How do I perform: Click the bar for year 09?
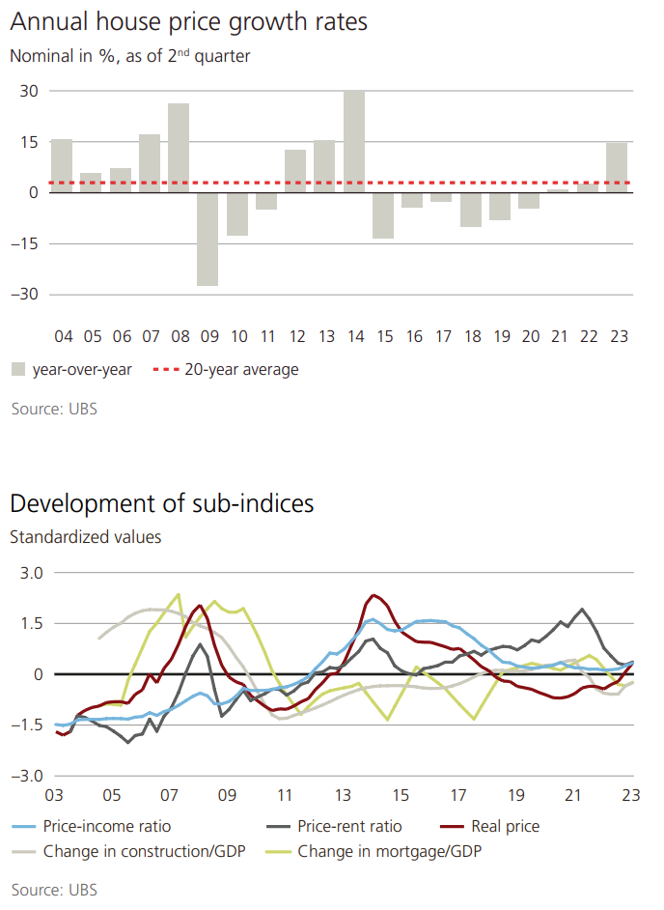click(207, 239)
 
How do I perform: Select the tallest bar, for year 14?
click(354, 141)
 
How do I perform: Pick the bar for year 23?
click(617, 167)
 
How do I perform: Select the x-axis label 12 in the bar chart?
click(295, 337)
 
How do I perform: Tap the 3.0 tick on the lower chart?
click(33, 573)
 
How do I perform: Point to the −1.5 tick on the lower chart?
click(29, 725)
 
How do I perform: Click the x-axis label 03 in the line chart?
click(54, 796)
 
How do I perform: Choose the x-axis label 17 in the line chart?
click(457, 796)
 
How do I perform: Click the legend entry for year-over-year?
click(72, 369)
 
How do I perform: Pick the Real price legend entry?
click(505, 826)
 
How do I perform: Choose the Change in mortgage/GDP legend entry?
click(389, 852)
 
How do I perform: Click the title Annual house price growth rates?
click(189, 21)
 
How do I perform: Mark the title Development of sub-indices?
click(162, 503)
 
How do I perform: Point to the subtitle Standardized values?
click(86, 536)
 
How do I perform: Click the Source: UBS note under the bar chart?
click(54, 409)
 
